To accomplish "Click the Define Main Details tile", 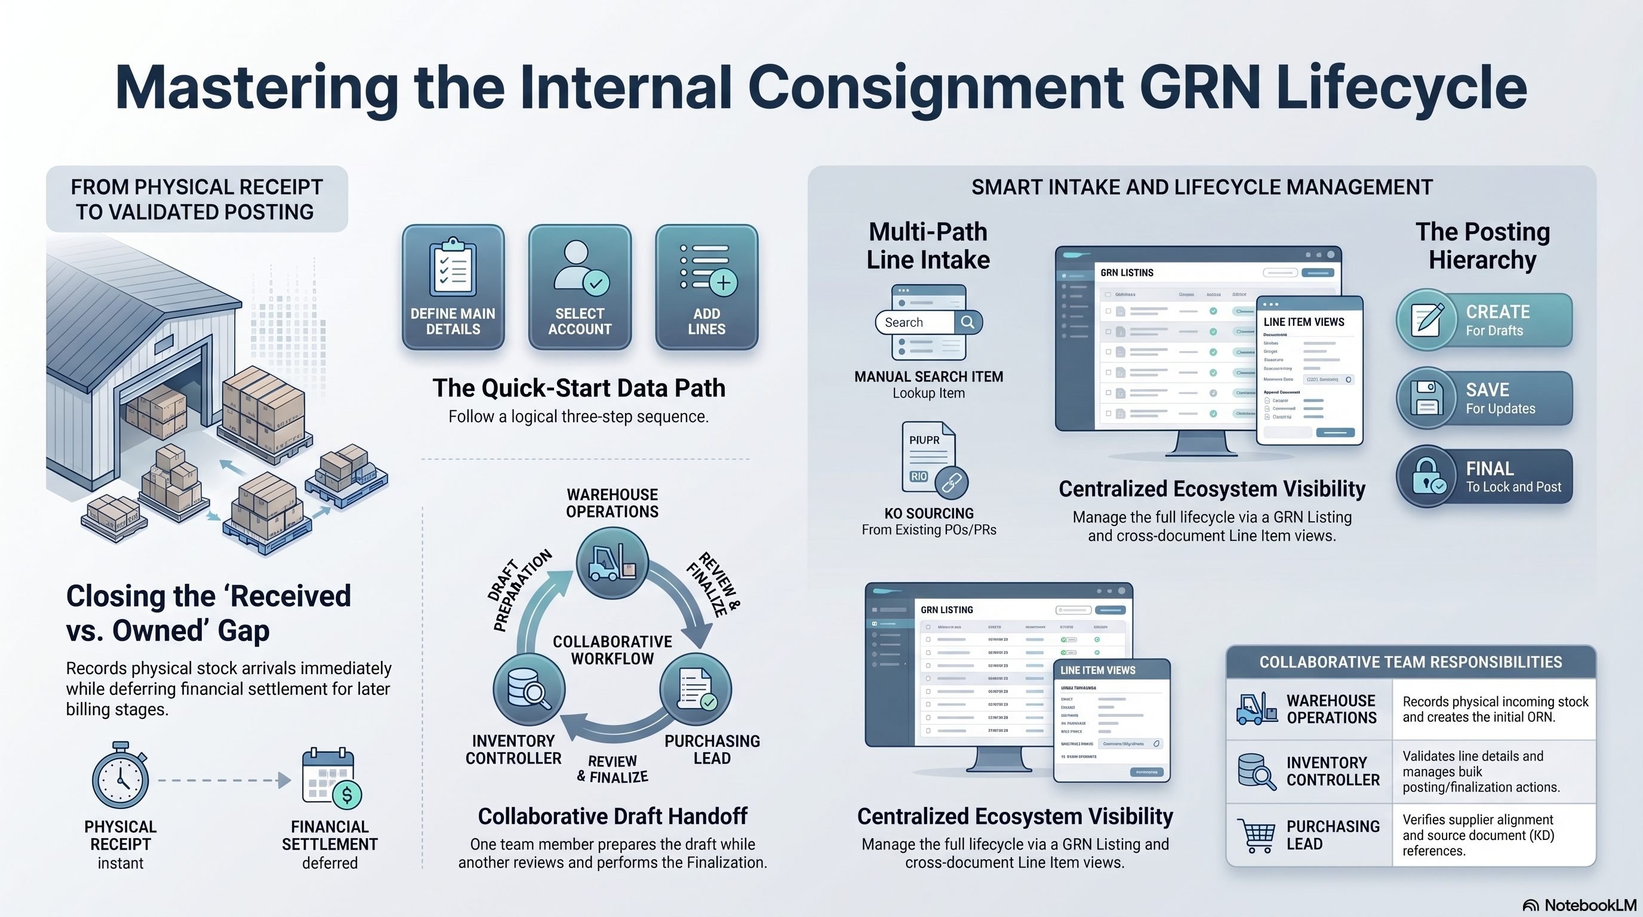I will click(453, 287).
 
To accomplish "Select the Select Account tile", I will click(579, 287).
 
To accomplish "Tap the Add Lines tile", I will click(706, 287).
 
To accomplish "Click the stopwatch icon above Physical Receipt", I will click(121, 776).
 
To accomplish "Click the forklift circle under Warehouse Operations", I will click(613, 562).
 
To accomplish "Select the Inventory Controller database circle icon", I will click(529, 690).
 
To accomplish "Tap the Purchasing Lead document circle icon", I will click(695, 690).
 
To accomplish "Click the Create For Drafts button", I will click(1484, 320).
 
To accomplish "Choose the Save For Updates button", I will click(1484, 398).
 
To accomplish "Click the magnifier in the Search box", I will click(968, 322).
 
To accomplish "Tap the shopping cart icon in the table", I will click(1256, 835).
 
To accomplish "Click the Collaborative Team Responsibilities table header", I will click(1410, 662).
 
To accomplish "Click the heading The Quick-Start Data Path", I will click(579, 387).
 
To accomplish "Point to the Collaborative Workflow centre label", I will click(613, 650).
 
